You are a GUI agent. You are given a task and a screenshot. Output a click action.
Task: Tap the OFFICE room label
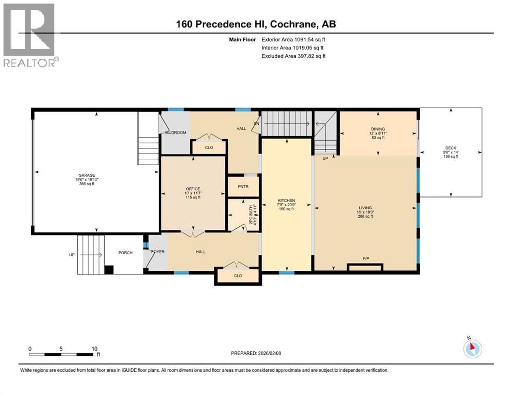pyautogui.click(x=193, y=189)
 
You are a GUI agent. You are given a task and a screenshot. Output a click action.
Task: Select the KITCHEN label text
pyautogui.click(x=286, y=200)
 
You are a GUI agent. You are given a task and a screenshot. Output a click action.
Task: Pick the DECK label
pyautogui.click(x=451, y=148)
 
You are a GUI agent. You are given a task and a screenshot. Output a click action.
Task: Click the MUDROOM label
pyautogui.click(x=175, y=133)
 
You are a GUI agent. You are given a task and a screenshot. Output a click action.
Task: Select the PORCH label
pyautogui.click(x=125, y=252)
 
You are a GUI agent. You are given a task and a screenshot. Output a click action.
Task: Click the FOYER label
pyautogui.click(x=157, y=252)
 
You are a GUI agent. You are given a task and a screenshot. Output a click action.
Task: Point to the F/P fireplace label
pyautogui.click(x=366, y=258)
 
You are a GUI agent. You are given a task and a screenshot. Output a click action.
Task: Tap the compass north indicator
pyautogui.click(x=472, y=348)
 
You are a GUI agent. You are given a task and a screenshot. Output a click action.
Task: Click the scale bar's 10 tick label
pyautogui.click(x=94, y=349)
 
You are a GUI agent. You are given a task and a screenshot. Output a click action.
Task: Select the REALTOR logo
pyautogui.click(x=30, y=35)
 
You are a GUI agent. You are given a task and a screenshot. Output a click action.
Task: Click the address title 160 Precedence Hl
pyautogui.click(x=256, y=24)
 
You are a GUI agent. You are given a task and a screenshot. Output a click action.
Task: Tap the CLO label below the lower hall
pyautogui.click(x=238, y=275)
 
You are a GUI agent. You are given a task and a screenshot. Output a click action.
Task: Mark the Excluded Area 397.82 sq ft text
pyautogui.click(x=293, y=56)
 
